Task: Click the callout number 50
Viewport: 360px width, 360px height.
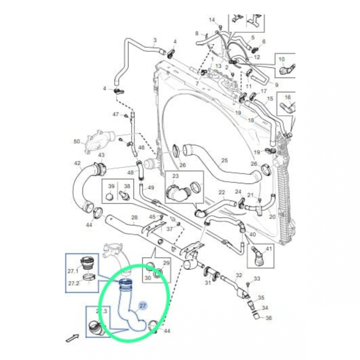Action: pyautogui.click(x=77, y=141)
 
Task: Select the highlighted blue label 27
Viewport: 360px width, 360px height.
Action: pyautogui.click(x=142, y=306)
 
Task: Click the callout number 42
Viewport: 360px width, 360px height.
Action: pyautogui.click(x=77, y=163)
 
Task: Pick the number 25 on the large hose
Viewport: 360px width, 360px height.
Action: pyautogui.click(x=224, y=160)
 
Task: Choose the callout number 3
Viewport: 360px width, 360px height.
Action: pyautogui.click(x=154, y=41)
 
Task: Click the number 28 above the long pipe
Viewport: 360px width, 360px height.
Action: pyautogui.click(x=134, y=218)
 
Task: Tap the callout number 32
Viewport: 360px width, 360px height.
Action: pyautogui.click(x=239, y=275)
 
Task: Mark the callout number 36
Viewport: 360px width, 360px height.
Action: pyautogui.click(x=269, y=318)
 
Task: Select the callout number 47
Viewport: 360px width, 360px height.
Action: pyautogui.click(x=116, y=114)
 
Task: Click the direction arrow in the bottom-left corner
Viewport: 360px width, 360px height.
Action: pyautogui.click(x=72, y=337)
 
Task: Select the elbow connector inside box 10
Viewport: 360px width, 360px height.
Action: pyautogui.click(x=288, y=68)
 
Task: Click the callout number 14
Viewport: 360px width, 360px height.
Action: pyautogui.click(x=211, y=20)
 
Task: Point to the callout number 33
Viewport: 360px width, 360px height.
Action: pyautogui.click(x=257, y=278)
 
